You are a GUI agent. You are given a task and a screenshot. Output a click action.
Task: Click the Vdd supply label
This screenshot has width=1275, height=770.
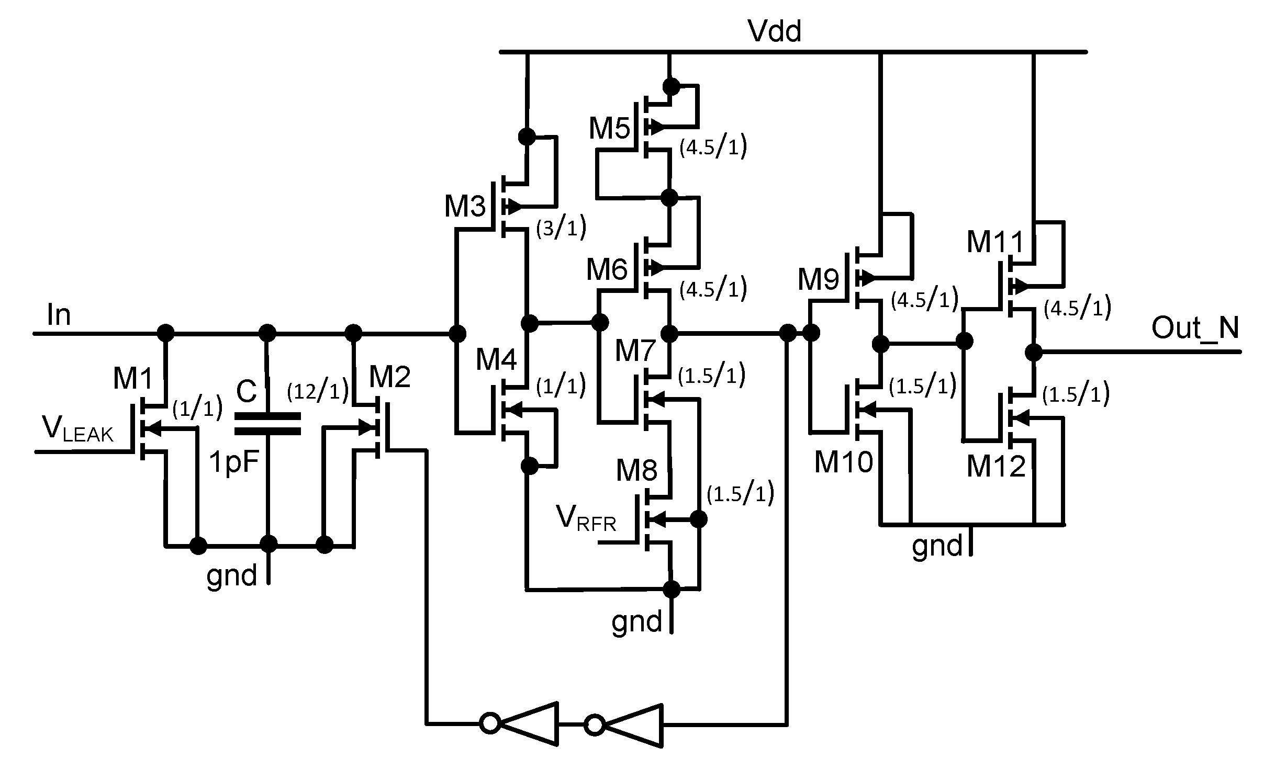point(775,31)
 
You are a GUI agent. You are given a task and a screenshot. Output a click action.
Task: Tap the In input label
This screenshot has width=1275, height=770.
point(59,315)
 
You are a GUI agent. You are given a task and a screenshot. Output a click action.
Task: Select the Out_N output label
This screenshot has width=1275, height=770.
point(1195,329)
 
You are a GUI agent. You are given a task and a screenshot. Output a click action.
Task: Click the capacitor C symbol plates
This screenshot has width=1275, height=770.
point(267,423)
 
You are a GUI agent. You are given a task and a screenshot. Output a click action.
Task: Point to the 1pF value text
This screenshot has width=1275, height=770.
point(234,462)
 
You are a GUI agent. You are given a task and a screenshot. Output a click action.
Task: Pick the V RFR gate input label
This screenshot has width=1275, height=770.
point(587,519)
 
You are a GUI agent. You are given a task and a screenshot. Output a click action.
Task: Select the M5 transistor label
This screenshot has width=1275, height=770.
point(610,128)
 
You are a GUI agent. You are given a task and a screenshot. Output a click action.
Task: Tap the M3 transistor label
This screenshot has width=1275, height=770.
point(465,206)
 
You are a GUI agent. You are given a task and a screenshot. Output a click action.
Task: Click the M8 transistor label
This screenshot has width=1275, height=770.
point(636,470)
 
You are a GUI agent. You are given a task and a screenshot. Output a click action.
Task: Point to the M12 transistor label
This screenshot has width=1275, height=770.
point(996,466)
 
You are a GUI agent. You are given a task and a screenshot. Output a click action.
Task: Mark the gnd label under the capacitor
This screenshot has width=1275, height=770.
point(232,575)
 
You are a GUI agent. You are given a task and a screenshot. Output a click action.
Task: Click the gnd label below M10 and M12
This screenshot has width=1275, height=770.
point(937,546)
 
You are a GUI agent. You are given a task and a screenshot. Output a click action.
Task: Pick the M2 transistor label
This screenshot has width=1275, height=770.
point(390,376)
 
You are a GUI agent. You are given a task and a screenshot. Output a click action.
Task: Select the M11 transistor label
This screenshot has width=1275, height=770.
point(995,243)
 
